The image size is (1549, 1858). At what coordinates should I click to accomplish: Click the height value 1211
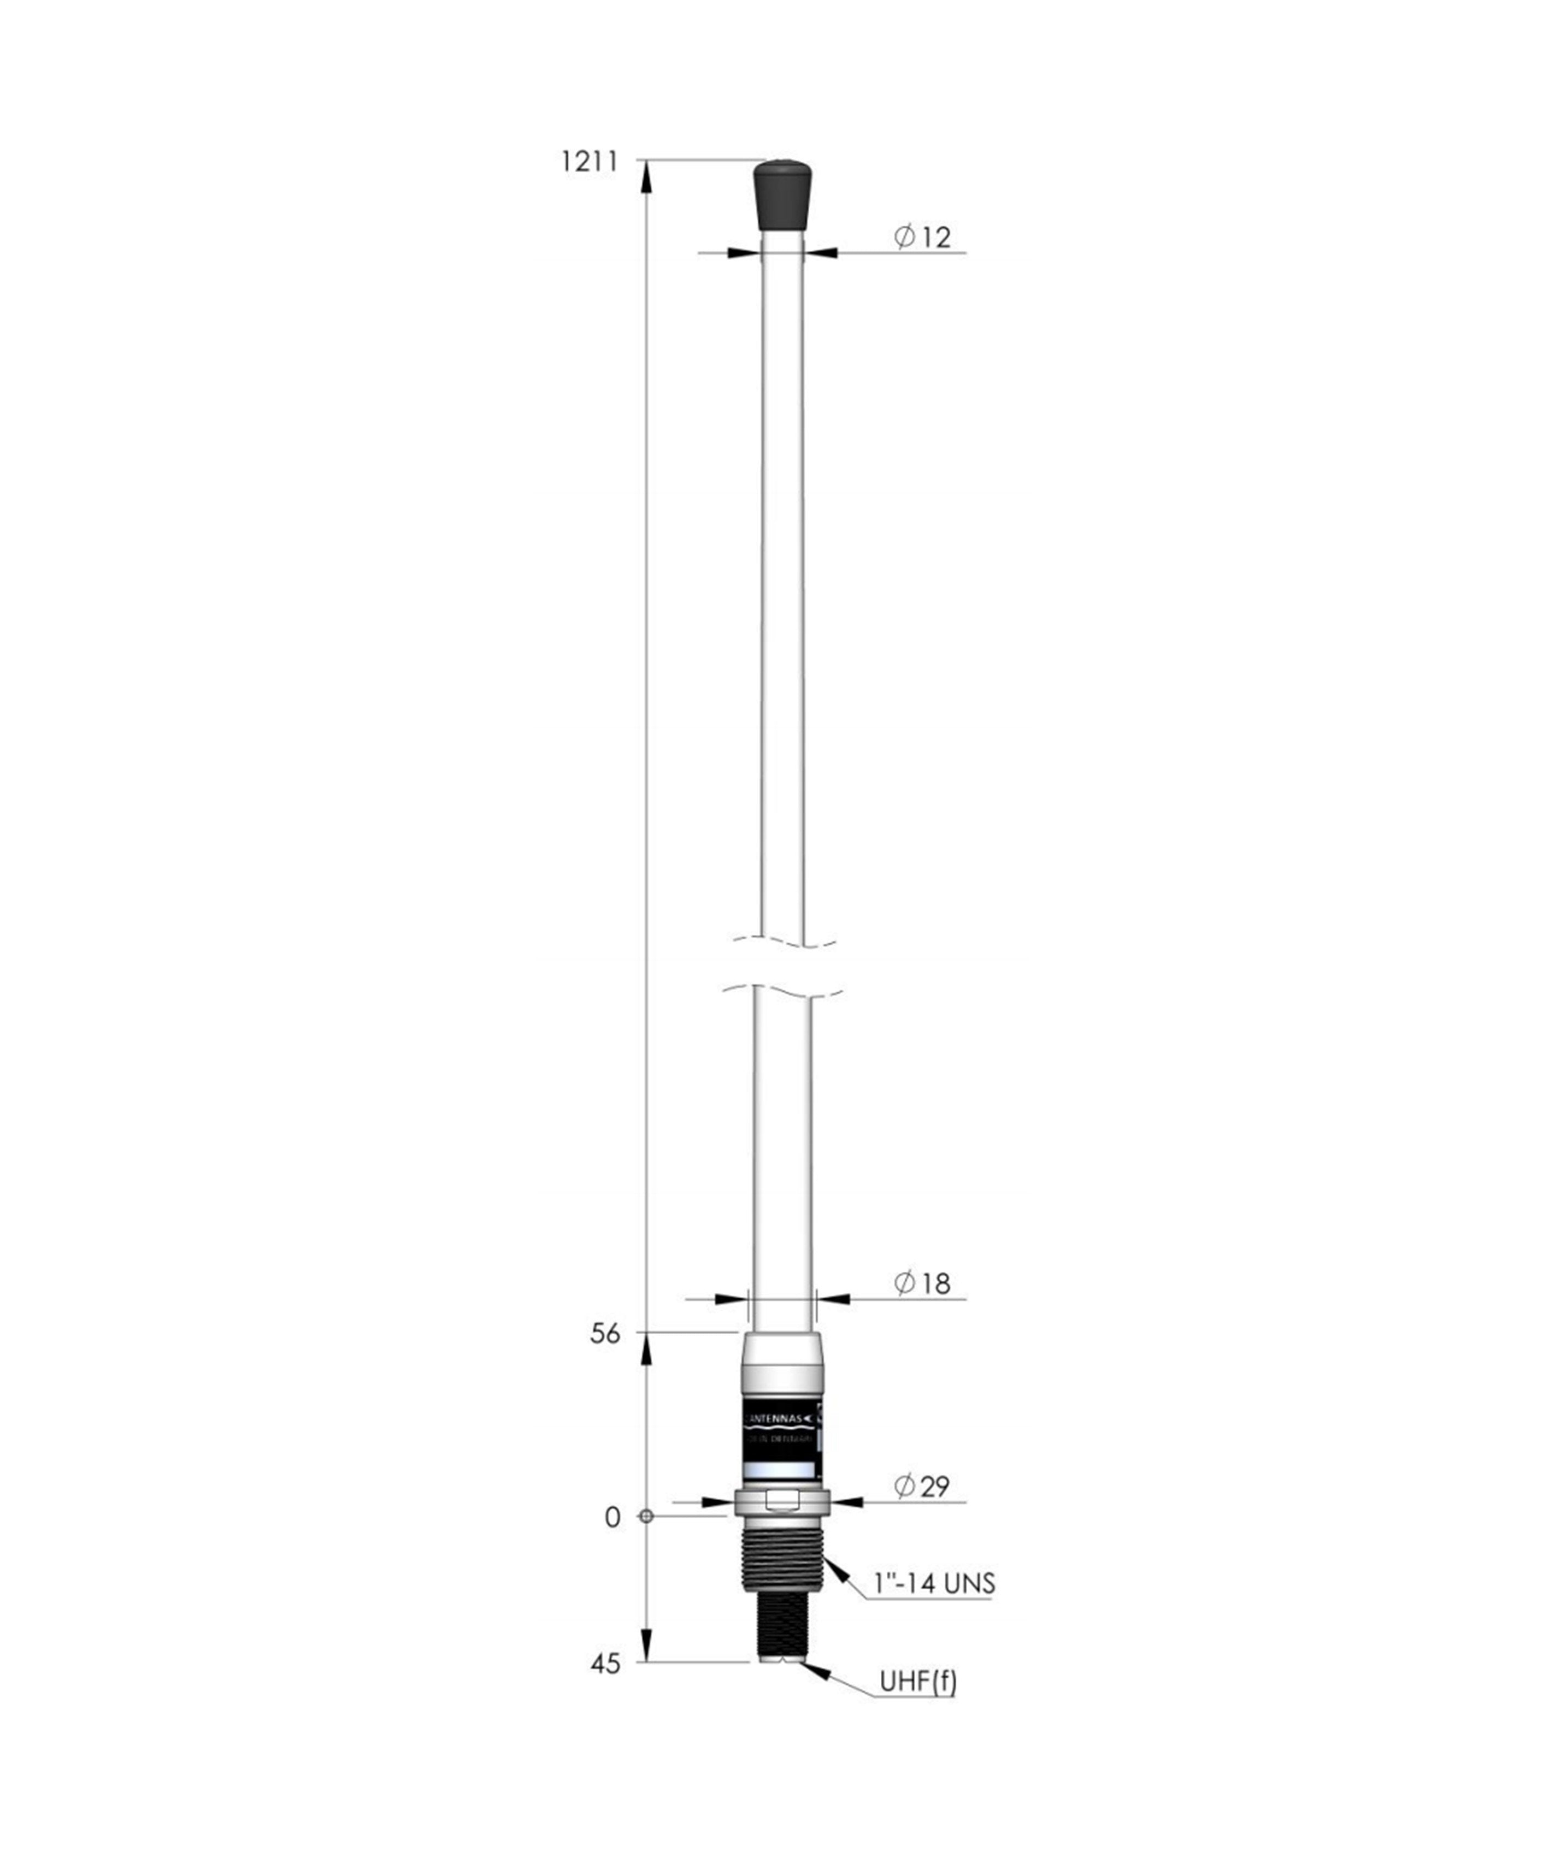click(588, 162)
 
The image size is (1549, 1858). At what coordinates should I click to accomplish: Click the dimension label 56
click(605, 1334)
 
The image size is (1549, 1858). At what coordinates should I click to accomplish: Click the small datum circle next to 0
click(646, 1517)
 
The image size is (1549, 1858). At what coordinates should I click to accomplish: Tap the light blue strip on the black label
click(780, 1470)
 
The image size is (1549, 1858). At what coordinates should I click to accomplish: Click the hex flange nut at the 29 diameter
click(782, 1501)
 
